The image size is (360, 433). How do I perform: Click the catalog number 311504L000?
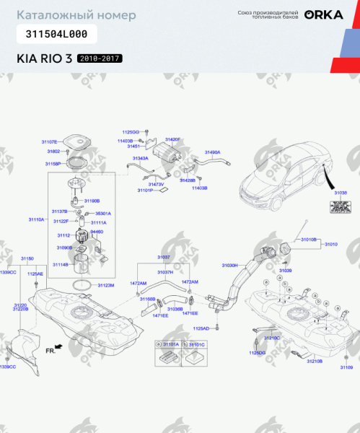point(56,34)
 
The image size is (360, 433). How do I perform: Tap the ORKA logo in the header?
point(318,14)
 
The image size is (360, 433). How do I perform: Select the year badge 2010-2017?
point(100,58)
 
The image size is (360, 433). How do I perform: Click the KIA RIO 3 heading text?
point(44,58)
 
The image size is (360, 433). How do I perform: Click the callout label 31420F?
point(173,139)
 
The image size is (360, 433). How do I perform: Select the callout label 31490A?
point(212,152)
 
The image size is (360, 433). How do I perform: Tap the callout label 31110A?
point(37,218)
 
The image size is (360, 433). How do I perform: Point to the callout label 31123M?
point(106,285)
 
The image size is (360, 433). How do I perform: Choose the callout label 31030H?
point(229,265)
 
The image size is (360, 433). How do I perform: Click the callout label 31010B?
point(309,239)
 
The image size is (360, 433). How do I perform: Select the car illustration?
point(281,178)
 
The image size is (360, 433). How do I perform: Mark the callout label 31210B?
point(315,360)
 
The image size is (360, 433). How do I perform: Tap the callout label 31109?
point(346,367)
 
